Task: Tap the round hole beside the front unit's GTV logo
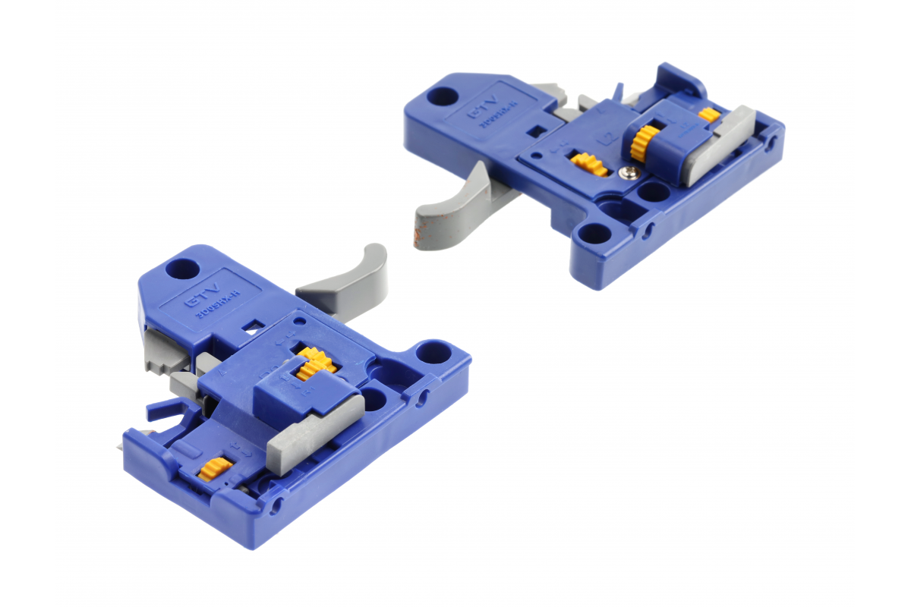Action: (x=181, y=268)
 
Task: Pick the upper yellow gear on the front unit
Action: (x=312, y=363)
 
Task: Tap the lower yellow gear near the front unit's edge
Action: (x=216, y=469)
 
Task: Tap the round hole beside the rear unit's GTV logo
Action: (x=443, y=96)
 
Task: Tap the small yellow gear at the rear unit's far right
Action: (x=709, y=115)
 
